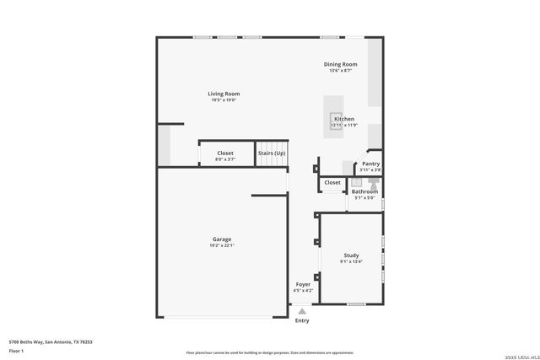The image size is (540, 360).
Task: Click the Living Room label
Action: (x=224, y=94)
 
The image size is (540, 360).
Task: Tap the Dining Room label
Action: (x=341, y=64)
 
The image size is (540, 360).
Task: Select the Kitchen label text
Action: (x=344, y=119)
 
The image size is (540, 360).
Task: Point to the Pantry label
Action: (x=370, y=164)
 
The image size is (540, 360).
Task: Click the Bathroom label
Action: (x=364, y=191)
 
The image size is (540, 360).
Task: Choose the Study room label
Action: (x=351, y=255)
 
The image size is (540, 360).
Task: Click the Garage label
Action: (x=222, y=239)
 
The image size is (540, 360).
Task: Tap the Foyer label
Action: (x=302, y=284)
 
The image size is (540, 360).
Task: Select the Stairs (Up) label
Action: (x=272, y=153)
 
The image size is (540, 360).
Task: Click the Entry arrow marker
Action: (x=302, y=311)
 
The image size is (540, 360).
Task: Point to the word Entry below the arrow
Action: (x=302, y=320)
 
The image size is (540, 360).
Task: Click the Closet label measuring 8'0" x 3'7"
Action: (x=225, y=153)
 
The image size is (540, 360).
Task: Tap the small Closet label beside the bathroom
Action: (x=332, y=182)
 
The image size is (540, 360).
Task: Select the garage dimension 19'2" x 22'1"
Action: (x=222, y=245)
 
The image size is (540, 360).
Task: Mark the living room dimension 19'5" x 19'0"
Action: (x=224, y=100)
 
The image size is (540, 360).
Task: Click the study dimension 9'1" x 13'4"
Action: (x=351, y=261)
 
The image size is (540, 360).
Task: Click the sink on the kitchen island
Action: (x=337, y=119)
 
